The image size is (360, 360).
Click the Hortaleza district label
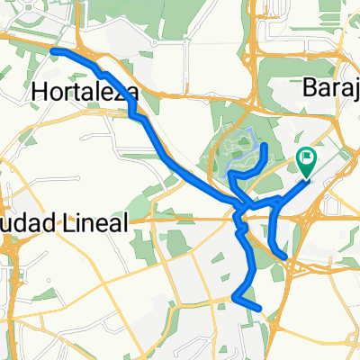pyautogui.click(x=85, y=92)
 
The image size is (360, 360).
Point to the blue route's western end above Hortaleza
pyautogui.click(x=54, y=51)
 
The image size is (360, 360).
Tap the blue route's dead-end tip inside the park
pyautogui.click(x=263, y=145)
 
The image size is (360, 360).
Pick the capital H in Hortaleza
pyautogui.click(x=40, y=92)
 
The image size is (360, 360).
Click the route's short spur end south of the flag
pyautogui.click(x=285, y=257)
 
